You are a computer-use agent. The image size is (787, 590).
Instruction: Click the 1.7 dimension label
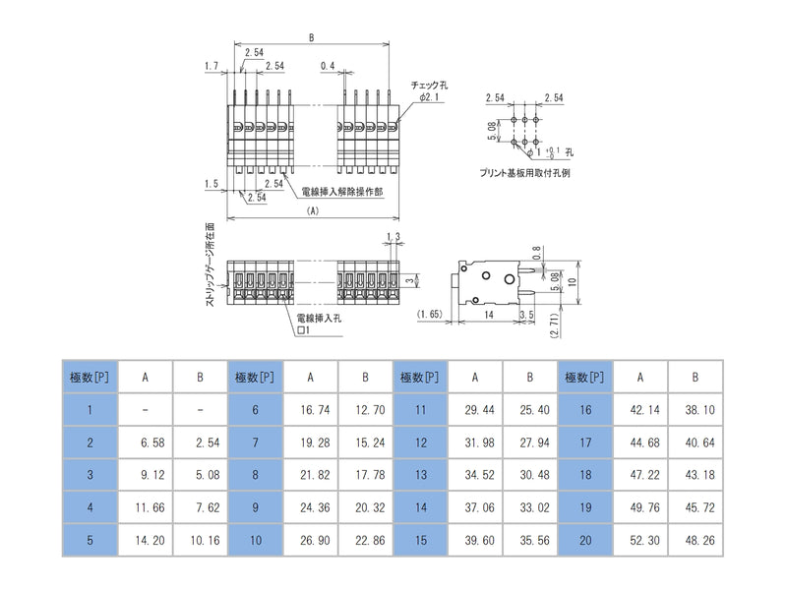click(211, 66)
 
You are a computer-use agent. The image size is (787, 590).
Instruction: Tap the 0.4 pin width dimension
click(327, 66)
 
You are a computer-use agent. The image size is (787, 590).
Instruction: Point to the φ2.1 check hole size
click(429, 98)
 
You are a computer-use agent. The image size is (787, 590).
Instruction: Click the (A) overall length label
click(313, 210)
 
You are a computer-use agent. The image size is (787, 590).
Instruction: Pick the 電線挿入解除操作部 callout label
click(343, 192)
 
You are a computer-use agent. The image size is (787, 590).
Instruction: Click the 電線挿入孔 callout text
click(320, 318)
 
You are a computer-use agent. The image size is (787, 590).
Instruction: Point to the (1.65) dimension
click(430, 314)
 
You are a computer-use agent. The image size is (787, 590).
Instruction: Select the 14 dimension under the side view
click(488, 314)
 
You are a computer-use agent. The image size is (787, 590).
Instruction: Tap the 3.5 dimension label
click(526, 314)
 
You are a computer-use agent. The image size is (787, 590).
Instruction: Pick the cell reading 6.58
click(145, 442)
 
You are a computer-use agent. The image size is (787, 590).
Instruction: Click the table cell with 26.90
click(310, 539)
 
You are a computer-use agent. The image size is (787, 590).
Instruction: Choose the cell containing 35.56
click(529, 539)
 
